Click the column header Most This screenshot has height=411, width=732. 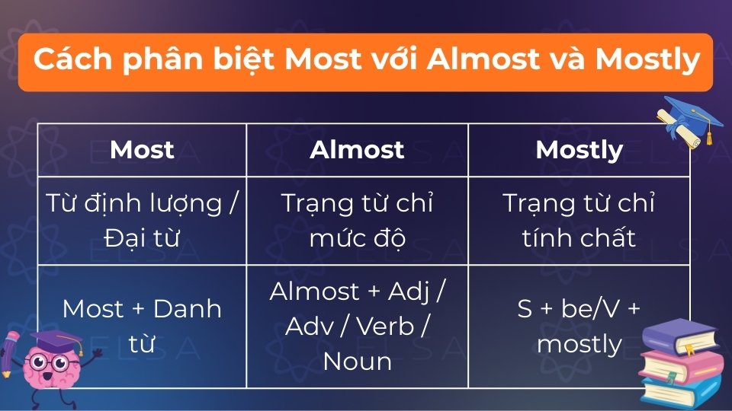pyautogui.click(x=142, y=150)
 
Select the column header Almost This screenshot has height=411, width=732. pyautogui.click(x=357, y=150)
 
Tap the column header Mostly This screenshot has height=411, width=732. pyautogui.click(x=579, y=150)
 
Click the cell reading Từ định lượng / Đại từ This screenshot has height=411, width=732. pyautogui.click(x=142, y=221)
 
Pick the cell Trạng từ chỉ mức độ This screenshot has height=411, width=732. pyautogui.click(x=357, y=221)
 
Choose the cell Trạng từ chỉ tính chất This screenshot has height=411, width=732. pyautogui.click(x=579, y=221)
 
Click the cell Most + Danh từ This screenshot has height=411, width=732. pyautogui.click(x=142, y=326)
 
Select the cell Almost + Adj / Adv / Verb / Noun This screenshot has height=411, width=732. pyautogui.click(x=357, y=326)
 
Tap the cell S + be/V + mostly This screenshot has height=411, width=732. pyautogui.click(x=579, y=326)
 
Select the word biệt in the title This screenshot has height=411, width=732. pyautogui.click(x=239, y=60)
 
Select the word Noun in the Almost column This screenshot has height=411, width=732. pyautogui.click(x=357, y=361)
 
